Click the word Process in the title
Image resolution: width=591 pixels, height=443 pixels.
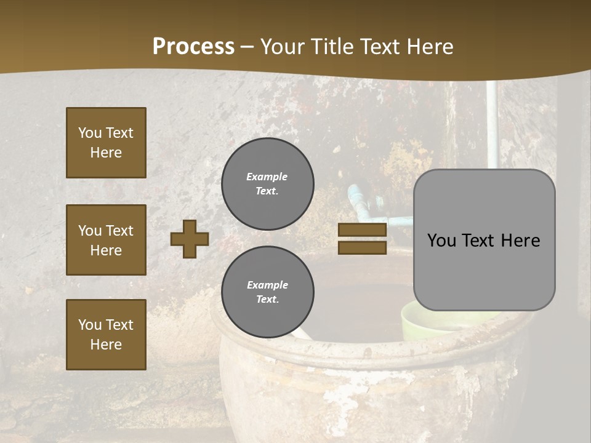click(193, 47)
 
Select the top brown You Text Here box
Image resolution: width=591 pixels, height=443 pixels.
click(106, 143)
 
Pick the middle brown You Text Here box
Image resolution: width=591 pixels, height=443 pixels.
click(106, 240)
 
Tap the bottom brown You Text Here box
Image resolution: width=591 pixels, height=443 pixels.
click(106, 334)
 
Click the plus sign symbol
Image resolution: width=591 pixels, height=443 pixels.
click(190, 239)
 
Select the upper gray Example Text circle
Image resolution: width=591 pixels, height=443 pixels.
click(267, 183)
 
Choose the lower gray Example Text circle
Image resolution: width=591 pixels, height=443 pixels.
click(267, 292)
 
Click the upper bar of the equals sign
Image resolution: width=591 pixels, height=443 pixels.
click(362, 230)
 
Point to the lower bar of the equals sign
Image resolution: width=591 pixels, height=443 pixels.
click(362, 247)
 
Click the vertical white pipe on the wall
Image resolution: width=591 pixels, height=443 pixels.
click(492, 123)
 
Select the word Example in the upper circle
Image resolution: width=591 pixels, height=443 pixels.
click(267, 177)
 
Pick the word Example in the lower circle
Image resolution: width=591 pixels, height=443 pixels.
click(267, 285)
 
